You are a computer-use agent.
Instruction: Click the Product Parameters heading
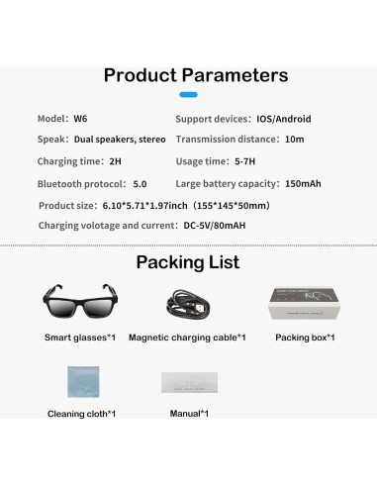pyautogui.click(x=196, y=75)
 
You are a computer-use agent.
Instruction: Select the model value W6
pyautogui.click(x=81, y=118)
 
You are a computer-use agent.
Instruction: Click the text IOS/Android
pyautogui.click(x=284, y=118)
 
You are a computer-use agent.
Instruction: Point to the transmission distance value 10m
pyautogui.click(x=294, y=140)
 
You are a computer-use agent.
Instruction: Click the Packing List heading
pyautogui.click(x=188, y=262)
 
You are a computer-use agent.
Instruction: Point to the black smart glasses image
pyautogui.click(x=80, y=303)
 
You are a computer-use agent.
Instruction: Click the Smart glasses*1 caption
pyautogui.click(x=80, y=338)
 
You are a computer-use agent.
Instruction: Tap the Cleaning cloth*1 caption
pyautogui.click(x=80, y=413)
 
